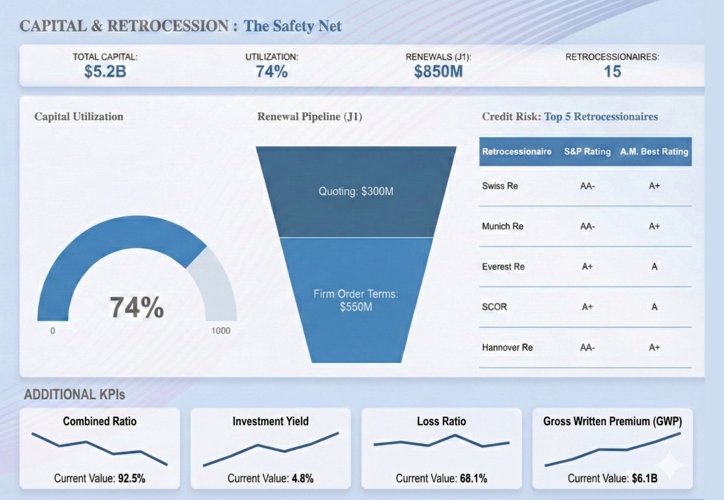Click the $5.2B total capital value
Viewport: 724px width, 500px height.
[x=105, y=72]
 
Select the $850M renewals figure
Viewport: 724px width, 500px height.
[x=438, y=72]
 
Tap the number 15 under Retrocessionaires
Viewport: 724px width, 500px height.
[x=612, y=72]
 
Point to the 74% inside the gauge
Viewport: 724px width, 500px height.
[x=136, y=307]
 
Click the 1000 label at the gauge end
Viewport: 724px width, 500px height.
[x=220, y=331]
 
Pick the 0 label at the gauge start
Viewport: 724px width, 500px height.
[x=52, y=331]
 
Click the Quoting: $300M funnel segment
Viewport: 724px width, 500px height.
[x=356, y=191]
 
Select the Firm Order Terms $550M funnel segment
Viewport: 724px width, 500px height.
[x=356, y=300]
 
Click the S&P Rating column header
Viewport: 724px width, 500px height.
[x=587, y=151]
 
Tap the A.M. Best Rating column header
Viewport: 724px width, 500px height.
[x=654, y=151]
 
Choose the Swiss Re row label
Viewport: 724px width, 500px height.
[x=499, y=186]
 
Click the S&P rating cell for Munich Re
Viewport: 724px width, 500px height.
[x=587, y=226]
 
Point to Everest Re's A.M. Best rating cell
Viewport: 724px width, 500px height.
[x=654, y=267]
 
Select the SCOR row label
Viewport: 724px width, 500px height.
[x=494, y=307]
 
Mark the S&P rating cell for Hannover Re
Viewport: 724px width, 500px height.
[x=587, y=347]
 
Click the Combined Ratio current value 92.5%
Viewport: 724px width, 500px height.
[x=131, y=478]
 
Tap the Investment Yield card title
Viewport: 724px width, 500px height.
[x=270, y=421]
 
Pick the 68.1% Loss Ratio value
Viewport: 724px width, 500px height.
[x=473, y=478]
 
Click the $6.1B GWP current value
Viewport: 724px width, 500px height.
[x=644, y=478]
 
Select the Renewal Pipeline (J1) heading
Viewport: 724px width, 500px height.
[x=309, y=116]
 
